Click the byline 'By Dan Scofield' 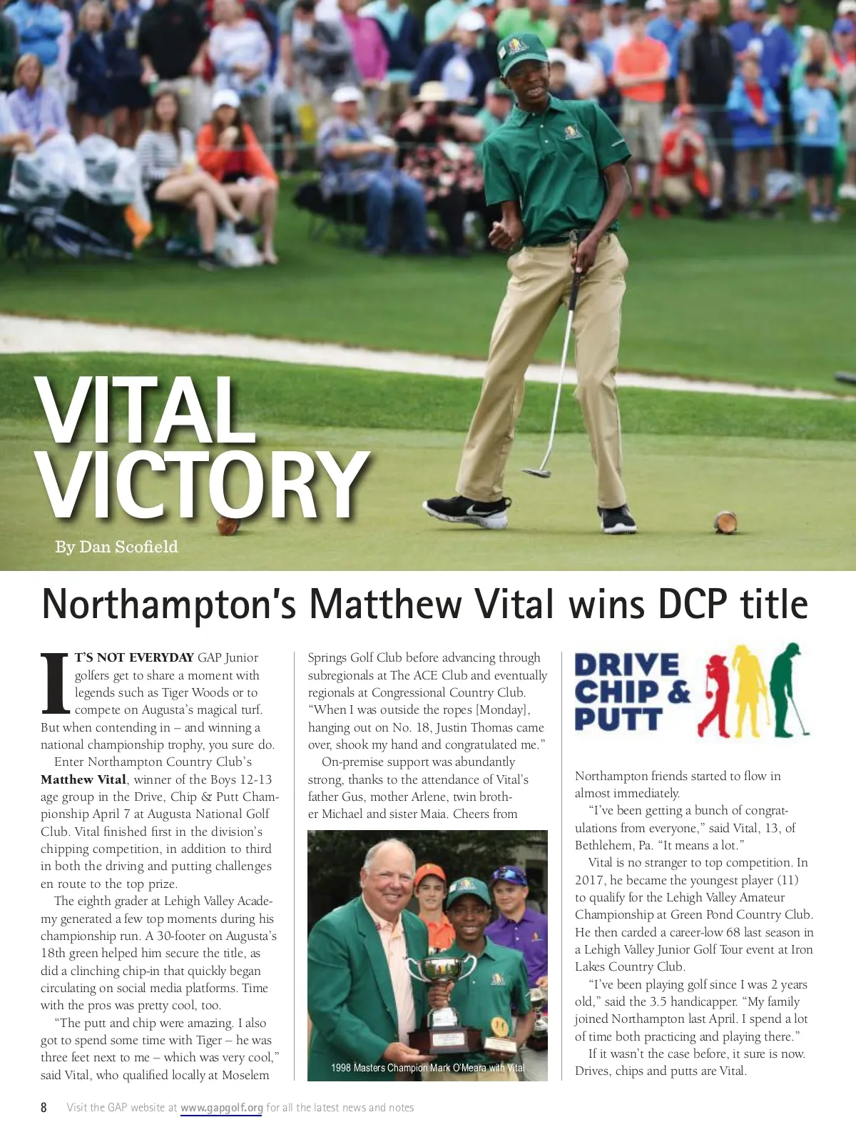coord(116,547)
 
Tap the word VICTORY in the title coord(203,485)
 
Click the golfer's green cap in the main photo coord(523,51)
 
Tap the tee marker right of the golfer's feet coord(725,522)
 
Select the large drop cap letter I coord(55,683)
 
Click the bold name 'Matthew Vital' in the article coord(83,779)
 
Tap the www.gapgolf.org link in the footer coord(222,1108)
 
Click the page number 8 coord(44,1108)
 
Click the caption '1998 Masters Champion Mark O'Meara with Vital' coord(427,1068)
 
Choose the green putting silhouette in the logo coord(785,689)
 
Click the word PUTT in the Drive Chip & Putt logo coord(618,719)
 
